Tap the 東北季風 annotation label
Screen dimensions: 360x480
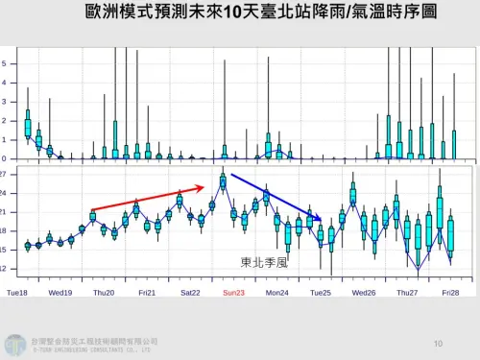[264, 260]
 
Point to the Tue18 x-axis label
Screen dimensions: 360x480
[17, 292]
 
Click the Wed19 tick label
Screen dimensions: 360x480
[60, 292]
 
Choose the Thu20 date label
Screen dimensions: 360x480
[104, 292]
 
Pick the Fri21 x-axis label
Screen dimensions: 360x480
[147, 292]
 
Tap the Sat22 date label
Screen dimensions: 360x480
[190, 292]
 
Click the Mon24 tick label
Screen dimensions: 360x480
[276, 292]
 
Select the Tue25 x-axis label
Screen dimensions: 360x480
[320, 292]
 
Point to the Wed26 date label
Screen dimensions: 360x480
[364, 292]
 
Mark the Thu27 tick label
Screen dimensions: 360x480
[408, 292]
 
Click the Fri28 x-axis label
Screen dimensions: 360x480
[451, 292]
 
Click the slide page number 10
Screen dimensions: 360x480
[438, 343]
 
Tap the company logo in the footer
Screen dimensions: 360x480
[16, 344]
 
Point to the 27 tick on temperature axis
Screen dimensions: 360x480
[4, 175]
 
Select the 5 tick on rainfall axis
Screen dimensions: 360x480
[5, 63]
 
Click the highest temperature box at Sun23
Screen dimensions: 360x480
[223, 181]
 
